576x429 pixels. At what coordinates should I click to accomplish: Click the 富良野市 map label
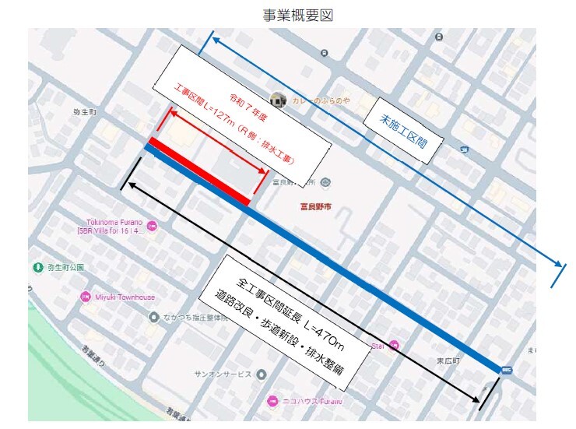(316, 206)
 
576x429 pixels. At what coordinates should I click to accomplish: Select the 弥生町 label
(84, 113)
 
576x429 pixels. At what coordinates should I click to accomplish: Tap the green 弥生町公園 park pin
(37, 267)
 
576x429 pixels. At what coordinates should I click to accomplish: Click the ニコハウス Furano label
(311, 402)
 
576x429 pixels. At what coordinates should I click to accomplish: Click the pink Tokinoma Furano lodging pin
(152, 226)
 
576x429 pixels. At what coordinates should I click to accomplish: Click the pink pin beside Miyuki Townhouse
(86, 297)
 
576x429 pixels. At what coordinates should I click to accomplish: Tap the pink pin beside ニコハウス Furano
(272, 402)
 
